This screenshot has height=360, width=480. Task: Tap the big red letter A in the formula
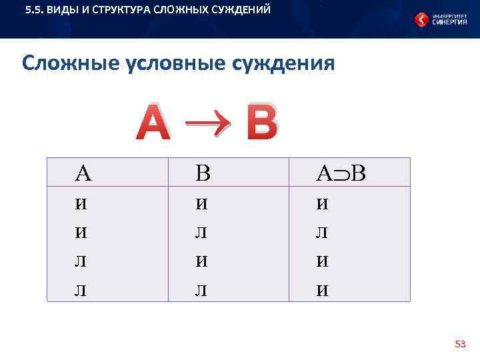point(153,124)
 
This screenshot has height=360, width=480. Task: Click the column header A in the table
point(83,174)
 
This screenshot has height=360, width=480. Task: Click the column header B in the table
point(203,174)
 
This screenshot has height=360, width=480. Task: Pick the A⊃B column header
point(341,174)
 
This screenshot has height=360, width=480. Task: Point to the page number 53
point(460,344)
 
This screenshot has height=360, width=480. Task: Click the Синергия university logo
point(440,19)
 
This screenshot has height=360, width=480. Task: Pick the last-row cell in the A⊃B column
point(322,290)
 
